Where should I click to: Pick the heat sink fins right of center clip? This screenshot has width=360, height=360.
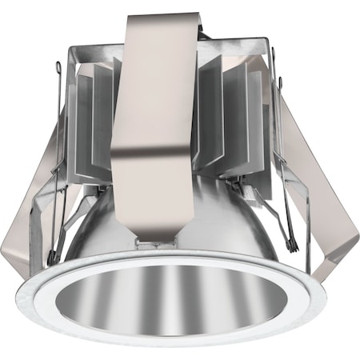pos(220,120)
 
